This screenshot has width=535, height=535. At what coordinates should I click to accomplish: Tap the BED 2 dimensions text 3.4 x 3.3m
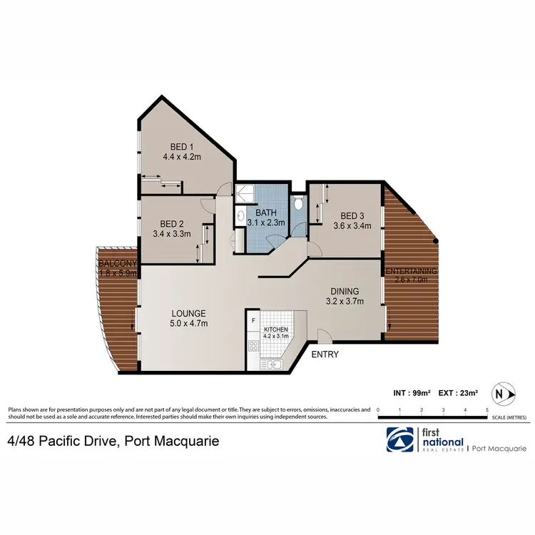tap(173, 233)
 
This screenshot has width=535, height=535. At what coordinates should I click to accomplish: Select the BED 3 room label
tap(353, 216)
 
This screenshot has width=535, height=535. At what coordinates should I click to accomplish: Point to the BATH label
tap(267, 213)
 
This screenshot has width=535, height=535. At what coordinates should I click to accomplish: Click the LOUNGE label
tap(189, 313)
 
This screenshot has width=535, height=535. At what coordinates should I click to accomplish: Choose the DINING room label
tap(345, 291)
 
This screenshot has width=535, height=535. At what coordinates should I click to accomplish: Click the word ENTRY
tap(325, 355)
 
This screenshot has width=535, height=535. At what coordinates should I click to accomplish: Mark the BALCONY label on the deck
tap(117, 263)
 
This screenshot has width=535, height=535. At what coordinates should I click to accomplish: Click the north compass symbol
tap(505, 392)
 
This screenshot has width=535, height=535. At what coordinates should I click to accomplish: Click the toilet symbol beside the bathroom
tap(297, 205)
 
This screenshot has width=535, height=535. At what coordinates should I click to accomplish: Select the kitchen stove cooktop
tap(253, 346)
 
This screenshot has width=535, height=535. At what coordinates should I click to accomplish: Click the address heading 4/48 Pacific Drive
tap(113, 442)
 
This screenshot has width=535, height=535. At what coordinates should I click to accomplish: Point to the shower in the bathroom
tap(247, 193)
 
